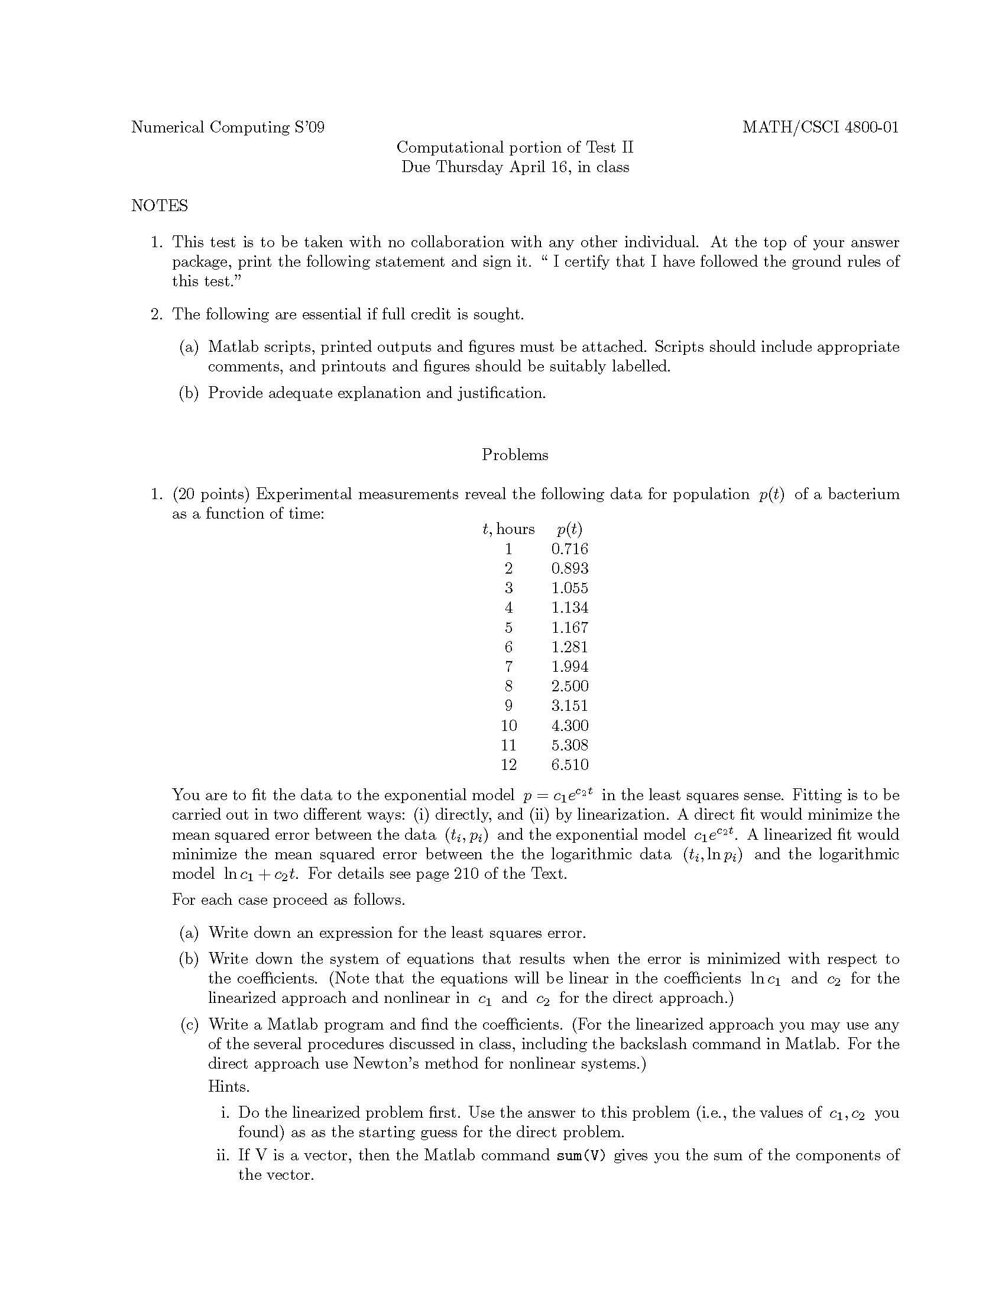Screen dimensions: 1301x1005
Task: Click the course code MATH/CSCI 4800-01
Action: coord(820,127)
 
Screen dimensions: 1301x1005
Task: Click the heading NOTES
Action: coord(159,206)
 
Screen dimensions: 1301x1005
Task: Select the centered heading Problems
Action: coord(514,455)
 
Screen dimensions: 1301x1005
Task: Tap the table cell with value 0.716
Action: coord(569,549)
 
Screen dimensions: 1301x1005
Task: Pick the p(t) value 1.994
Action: coord(569,666)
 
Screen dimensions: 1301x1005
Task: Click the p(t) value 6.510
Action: coord(569,765)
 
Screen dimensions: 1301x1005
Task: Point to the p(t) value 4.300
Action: coord(569,726)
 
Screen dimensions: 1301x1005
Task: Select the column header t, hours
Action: coord(508,529)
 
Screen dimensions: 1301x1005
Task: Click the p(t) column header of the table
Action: coord(569,529)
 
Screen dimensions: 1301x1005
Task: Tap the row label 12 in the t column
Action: coord(508,765)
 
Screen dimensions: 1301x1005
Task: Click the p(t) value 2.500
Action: coord(569,686)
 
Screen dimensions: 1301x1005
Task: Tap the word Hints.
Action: coord(229,1086)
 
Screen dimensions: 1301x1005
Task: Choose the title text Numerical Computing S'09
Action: coord(228,127)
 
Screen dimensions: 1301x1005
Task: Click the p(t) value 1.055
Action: coord(569,588)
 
